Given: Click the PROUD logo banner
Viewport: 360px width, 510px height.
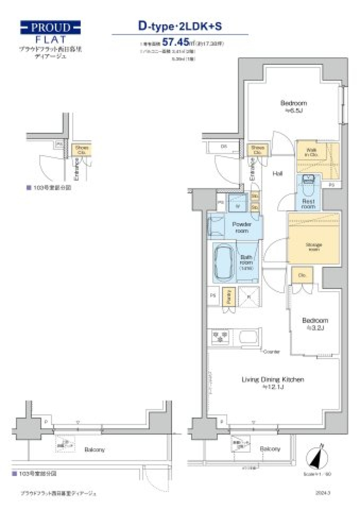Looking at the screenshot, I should tap(50, 27).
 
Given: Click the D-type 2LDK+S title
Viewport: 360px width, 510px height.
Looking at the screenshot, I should tap(180, 26).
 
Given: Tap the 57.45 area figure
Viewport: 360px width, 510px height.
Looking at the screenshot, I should tap(175, 42).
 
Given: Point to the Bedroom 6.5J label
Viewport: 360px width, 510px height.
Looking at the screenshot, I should tap(294, 106).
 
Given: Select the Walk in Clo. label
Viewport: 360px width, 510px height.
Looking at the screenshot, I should tap(311, 152).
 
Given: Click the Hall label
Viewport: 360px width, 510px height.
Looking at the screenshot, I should tap(277, 174).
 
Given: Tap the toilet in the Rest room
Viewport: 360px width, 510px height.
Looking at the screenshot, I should tap(307, 187).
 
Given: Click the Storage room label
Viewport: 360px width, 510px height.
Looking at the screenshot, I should tap(314, 246).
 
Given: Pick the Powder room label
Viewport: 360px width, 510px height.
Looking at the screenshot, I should tap(241, 227).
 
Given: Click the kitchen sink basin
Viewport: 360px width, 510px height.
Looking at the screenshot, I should tap(247, 337).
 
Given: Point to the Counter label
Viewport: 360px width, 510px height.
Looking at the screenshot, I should tap(271, 352).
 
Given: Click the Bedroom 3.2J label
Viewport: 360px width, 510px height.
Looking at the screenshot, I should tap(315, 324).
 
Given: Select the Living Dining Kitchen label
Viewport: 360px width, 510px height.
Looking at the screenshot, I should tap(273, 383).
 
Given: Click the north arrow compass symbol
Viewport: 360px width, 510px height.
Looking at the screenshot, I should tap(317, 457).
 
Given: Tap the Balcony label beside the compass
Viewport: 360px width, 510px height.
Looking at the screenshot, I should tap(270, 449).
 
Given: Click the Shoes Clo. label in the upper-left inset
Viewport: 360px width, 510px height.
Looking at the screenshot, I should tap(82, 150).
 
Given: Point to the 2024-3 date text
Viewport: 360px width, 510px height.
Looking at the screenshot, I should tap(323, 493).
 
